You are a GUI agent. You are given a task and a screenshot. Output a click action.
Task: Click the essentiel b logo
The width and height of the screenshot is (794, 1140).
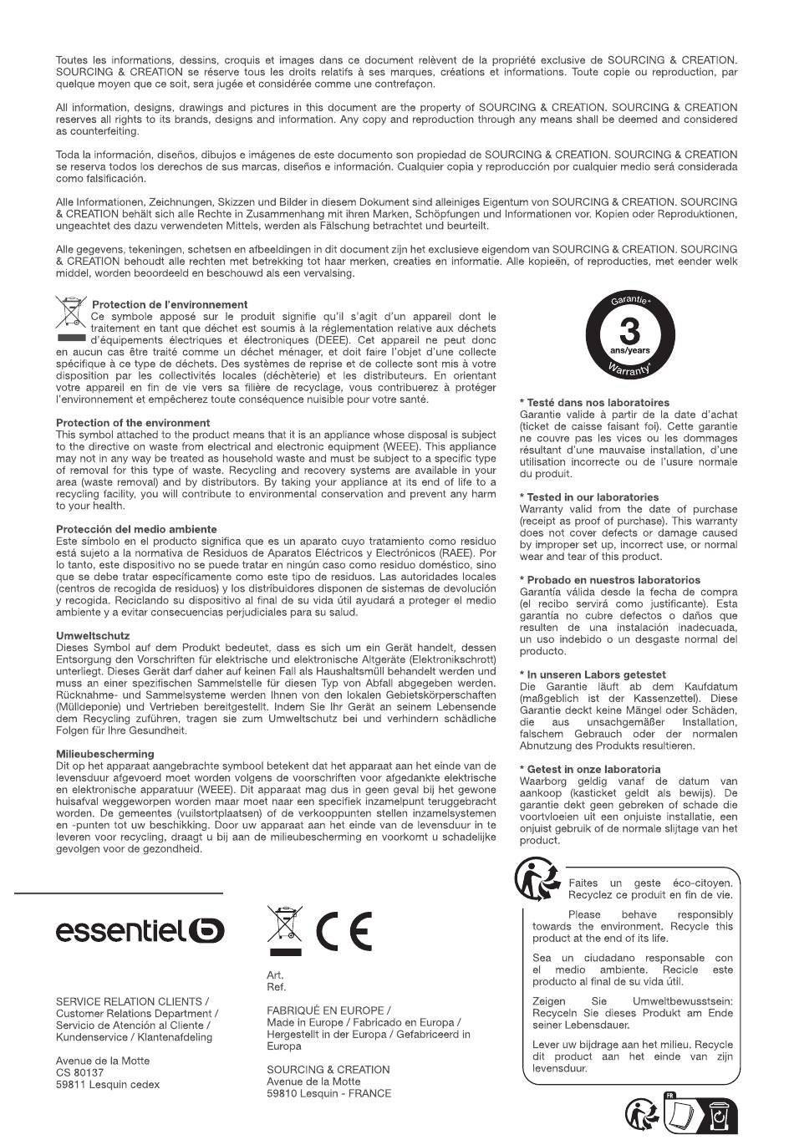click(140, 930)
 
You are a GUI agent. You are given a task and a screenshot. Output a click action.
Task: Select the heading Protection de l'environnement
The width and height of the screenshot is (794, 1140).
click(170, 304)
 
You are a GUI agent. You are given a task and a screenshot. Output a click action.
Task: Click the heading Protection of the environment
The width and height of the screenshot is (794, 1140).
click(133, 423)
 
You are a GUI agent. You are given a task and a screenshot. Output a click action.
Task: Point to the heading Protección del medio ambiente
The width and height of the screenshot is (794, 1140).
click(136, 529)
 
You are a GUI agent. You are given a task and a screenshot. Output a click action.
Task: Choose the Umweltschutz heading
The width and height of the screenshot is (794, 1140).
click(93, 635)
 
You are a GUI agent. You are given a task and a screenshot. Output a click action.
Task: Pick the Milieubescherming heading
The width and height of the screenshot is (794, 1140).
click(105, 754)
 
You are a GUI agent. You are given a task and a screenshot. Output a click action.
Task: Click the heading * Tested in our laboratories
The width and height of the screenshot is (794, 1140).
click(589, 497)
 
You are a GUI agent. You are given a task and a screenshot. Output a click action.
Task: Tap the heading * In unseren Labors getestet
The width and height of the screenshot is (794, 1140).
click(593, 674)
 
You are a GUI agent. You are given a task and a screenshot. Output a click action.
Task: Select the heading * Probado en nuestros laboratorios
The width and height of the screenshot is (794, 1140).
click(610, 580)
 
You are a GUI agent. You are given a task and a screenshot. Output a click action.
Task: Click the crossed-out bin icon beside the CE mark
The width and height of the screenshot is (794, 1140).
click(284, 929)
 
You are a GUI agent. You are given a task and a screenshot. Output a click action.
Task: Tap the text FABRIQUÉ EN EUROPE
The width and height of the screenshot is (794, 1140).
click(328, 1010)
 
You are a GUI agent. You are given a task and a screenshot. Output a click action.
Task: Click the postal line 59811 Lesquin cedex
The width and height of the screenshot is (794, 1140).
click(108, 1085)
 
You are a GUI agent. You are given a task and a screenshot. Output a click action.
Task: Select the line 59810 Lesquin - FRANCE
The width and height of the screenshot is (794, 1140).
click(328, 1093)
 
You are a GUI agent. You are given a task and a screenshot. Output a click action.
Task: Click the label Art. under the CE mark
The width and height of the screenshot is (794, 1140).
click(275, 975)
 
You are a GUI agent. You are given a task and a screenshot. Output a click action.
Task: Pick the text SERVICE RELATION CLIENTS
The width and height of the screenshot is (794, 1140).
click(132, 1001)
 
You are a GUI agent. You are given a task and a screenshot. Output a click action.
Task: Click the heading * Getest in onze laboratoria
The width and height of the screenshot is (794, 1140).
click(590, 769)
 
